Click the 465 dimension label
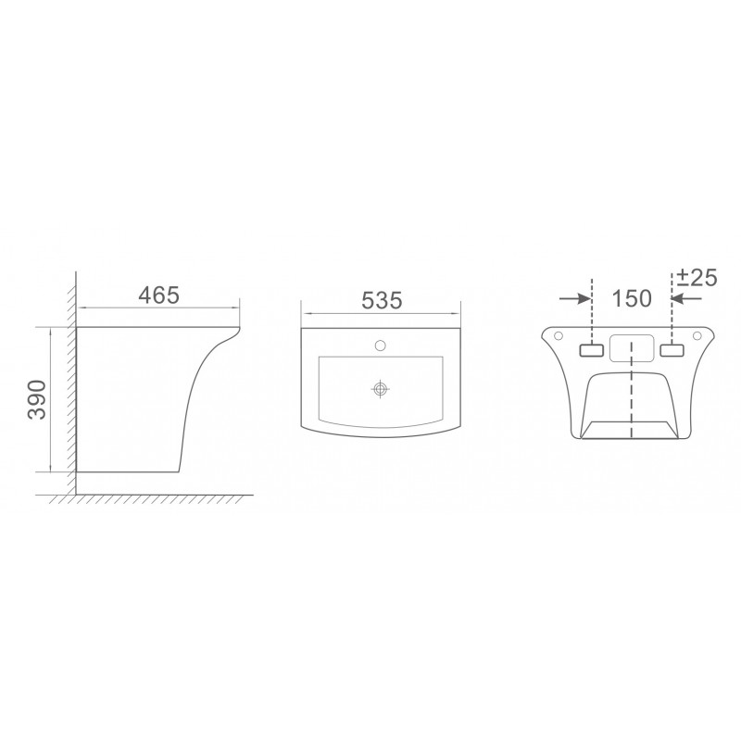point(158,295)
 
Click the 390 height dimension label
point(37,399)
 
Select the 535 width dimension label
point(382,300)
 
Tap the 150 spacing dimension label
point(632,298)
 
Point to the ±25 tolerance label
point(697,277)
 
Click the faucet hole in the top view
point(380,345)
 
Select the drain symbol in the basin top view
point(380,389)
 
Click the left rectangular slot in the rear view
point(591,350)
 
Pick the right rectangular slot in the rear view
point(672,350)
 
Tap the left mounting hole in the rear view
point(558,335)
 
